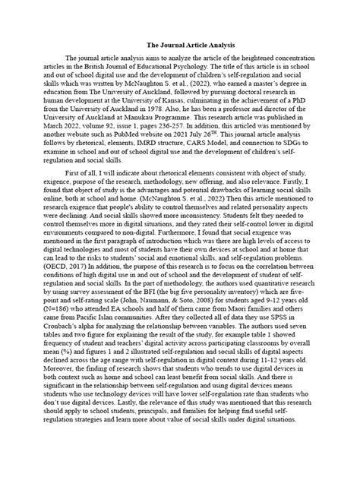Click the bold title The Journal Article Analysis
coord(179,45)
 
